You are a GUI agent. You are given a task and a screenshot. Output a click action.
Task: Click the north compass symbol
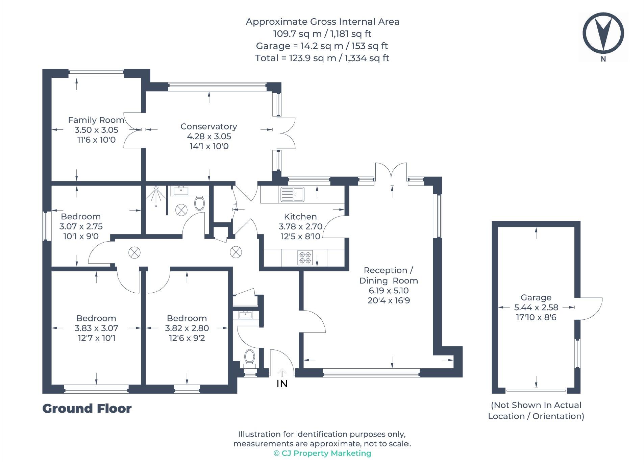click(603, 33)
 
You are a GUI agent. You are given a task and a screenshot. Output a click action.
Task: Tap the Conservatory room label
click(208, 126)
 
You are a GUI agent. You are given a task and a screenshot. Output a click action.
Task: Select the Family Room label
click(96, 120)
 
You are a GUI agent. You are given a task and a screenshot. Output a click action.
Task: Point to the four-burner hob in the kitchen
click(305, 257)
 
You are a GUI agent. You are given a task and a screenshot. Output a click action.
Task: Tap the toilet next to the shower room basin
click(199, 203)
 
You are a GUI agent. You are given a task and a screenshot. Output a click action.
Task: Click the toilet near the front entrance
click(249, 357)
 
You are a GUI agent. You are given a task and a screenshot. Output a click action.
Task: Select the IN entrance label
click(282, 383)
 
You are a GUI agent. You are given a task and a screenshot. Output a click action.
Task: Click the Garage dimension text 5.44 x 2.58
click(536, 307)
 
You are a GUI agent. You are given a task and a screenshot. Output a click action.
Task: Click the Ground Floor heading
click(87, 408)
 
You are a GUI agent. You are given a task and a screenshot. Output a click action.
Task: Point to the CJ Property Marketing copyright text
click(322, 453)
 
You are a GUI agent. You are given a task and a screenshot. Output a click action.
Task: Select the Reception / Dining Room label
click(388, 275)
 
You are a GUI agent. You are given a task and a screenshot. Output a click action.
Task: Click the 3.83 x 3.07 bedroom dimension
click(96, 328)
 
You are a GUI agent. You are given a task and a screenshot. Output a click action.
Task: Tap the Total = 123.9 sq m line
click(322, 58)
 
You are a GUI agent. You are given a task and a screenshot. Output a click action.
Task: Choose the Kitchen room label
click(300, 217)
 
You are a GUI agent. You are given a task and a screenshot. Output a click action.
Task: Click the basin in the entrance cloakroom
click(245, 315)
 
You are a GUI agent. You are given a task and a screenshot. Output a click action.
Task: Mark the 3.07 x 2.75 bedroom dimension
click(81, 226)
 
